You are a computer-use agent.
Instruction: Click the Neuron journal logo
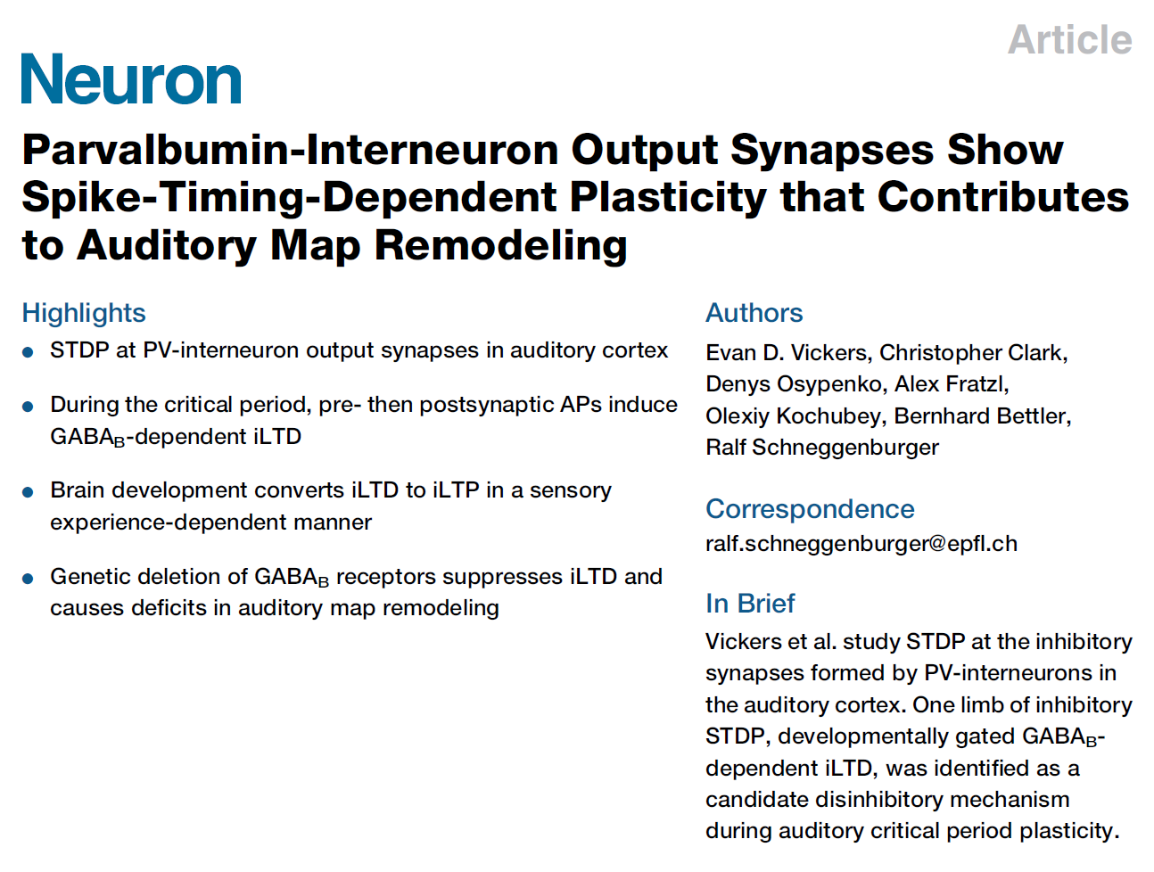(131, 79)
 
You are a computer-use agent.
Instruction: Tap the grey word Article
(1069, 40)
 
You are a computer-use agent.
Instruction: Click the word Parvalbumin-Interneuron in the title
(291, 150)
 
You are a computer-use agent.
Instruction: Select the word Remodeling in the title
(500, 245)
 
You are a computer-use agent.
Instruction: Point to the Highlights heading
(84, 313)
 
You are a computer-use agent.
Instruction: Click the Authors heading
(754, 313)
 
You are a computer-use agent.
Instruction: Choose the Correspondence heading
(810, 509)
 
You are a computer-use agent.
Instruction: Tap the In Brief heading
(749, 604)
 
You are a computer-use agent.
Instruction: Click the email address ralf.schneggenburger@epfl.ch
(861, 544)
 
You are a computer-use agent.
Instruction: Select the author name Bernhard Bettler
(981, 416)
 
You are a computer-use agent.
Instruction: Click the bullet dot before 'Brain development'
(29, 491)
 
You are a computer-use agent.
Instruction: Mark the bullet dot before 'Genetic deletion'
(29, 578)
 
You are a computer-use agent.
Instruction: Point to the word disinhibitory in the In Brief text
(879, 800)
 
